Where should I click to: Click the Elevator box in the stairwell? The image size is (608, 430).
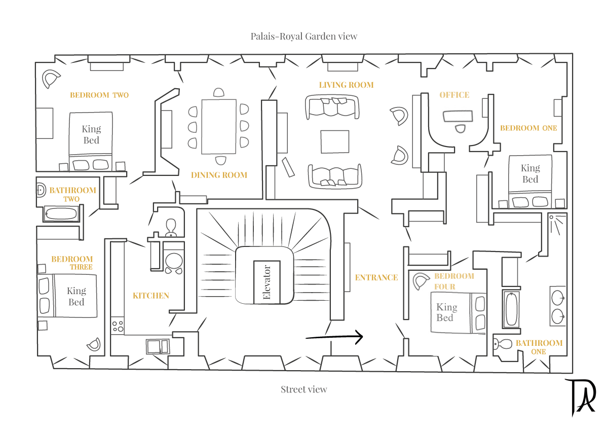coord(267,282)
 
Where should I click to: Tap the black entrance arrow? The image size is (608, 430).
coord(334,337)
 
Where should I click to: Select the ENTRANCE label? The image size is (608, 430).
coord(376,277)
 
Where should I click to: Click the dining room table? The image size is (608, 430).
coord(219,126)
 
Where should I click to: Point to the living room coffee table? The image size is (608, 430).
coord(334,141)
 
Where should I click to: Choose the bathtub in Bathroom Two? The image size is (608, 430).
coord(61,213)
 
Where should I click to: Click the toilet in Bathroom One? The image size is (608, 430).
coord(503,344)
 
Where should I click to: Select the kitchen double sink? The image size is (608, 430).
coord(158,346)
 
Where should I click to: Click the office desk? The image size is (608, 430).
coord(458,117)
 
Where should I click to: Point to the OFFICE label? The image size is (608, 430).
coord(454,95)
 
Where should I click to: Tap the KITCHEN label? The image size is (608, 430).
coord(151,296)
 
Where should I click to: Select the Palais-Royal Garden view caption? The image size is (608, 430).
coord(304,36)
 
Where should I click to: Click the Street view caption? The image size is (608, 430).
coord(304,389)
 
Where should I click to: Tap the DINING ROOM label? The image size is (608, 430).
coord(219,175)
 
